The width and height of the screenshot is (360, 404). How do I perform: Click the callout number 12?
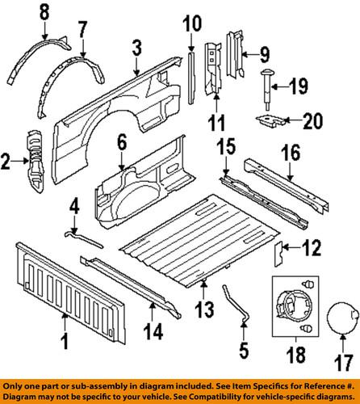pos(310,250)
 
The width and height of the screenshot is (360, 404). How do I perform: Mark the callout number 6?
pos(121,143)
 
